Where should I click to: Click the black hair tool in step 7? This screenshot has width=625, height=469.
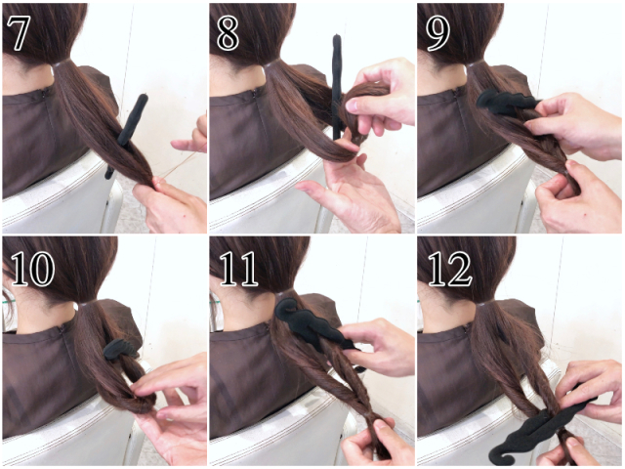coord(128,132)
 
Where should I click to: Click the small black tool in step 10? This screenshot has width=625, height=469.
coord(118,349)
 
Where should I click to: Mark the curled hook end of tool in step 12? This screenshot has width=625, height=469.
coord(501,452)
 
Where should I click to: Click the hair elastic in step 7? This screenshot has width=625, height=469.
coord(61,64)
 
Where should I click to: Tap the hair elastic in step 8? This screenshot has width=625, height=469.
coord(271,64)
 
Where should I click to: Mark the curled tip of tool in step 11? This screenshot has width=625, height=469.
coord(284,308)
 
